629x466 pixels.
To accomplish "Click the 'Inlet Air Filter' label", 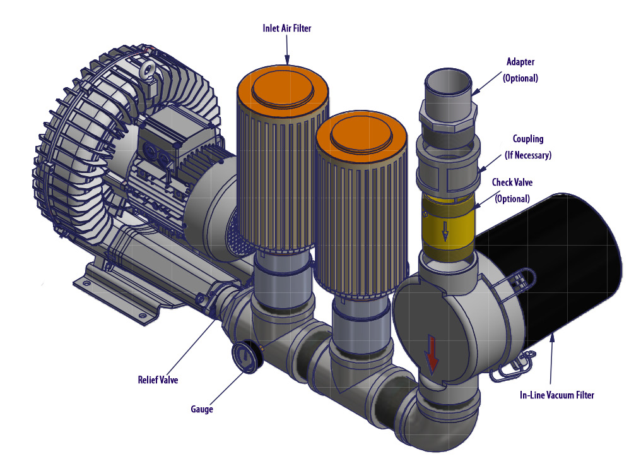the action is pyautogui.click(x=287, y=28).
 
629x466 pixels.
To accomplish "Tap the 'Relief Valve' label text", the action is pyautogui.click(x=158, y=379).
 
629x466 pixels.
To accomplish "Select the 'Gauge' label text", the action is pyautogui.click(x=202, y=409).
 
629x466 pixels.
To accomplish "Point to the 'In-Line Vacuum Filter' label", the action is pyautogui.click(x=557, y=395).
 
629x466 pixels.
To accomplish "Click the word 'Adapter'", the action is pyautogui.click(x=520, y=61).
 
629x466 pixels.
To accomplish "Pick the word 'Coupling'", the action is pyautogui.click(x=528, y=139).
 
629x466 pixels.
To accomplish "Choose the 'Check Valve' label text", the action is pyautogui.click(x=512, y=182).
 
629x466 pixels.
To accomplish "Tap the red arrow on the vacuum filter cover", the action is pyautogui.click(x=432, y=353).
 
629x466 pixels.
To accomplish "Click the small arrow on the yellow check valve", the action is pyautogui.click(x=445, y=232).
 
